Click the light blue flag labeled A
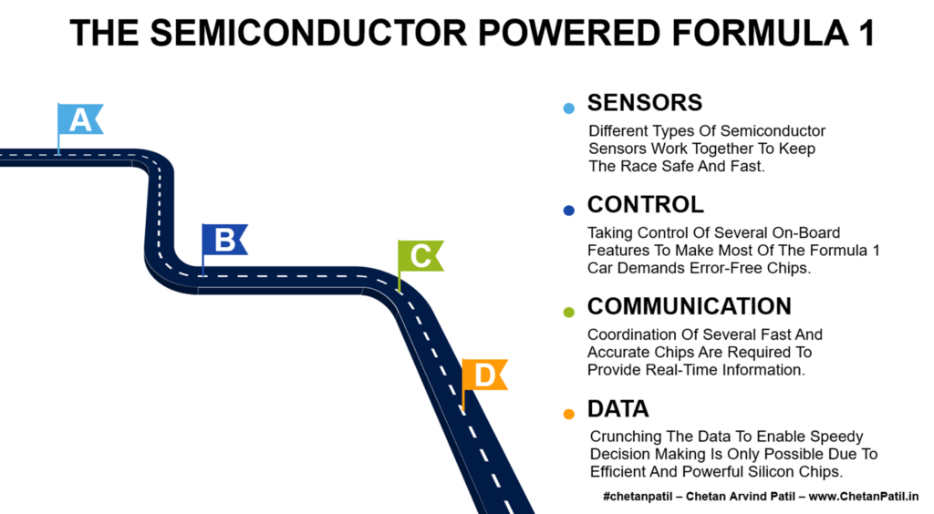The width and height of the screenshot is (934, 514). coord(80,119)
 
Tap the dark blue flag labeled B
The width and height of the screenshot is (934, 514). coord(224,240)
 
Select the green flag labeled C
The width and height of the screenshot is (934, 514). coord(420,256)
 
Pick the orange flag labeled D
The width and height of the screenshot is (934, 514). coord(484,375)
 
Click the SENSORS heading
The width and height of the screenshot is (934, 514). coord(644,102)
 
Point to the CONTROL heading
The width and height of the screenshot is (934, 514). coord(645,204)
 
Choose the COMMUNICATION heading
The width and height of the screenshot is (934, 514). coord(689,306)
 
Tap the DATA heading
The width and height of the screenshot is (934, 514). coord(617,409)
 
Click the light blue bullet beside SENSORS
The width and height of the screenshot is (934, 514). coord(569,108)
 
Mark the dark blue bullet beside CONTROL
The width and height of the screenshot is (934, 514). coord(569,211)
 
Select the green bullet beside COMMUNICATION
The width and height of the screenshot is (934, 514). coord(569,313)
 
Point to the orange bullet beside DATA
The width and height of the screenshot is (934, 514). coord(569,415)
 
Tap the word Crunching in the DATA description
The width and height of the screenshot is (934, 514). coord(623,437)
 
